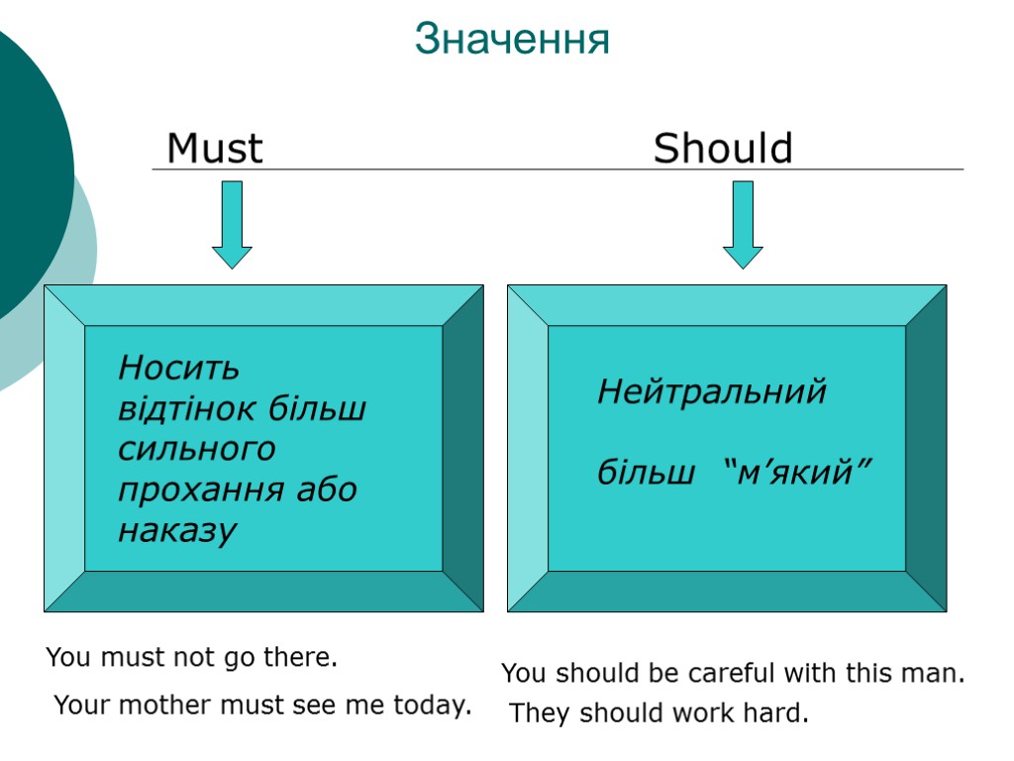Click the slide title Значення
512,41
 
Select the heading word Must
215,150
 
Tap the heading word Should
723,150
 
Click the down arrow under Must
232,224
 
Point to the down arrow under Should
743,224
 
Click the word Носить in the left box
179,369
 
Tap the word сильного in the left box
197,450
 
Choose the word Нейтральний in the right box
712,392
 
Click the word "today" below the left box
429,706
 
